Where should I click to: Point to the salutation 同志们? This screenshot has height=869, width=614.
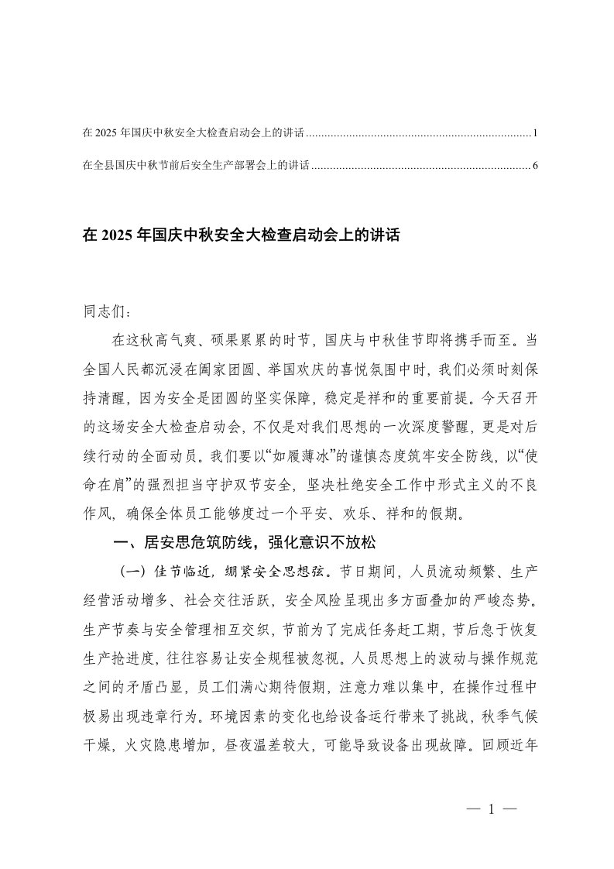click(101, 314)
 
